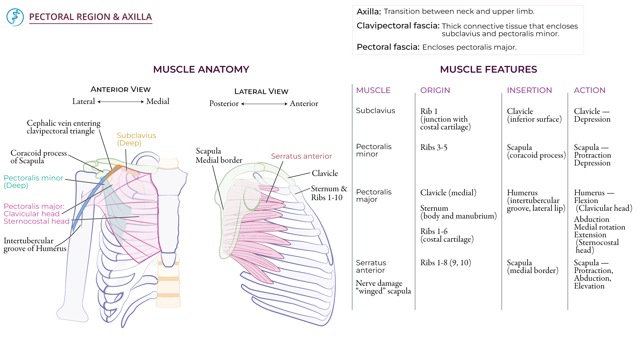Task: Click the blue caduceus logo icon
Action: point(15,17)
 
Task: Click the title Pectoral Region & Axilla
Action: point(90,17)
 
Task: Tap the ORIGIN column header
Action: point(435,90)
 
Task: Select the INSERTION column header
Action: point(529,90)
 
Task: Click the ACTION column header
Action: point(589,90)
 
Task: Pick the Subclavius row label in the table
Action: point(375,111)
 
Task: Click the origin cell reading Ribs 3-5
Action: point(434,147)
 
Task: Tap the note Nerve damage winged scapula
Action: point(383,287)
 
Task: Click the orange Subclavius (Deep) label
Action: point(136,139)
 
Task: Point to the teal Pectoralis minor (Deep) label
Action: point(33,182)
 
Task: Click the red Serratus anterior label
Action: point(301,156)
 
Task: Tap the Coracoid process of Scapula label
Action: point(39,157)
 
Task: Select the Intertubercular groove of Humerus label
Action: point(35,245)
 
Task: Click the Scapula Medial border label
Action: point(219,156)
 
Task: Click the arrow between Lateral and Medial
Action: point(121,102)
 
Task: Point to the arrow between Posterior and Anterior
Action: point(264,104)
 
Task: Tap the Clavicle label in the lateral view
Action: point(325,173)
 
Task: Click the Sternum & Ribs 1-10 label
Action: point(329,193)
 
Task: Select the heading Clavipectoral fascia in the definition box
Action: point(398,26)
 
